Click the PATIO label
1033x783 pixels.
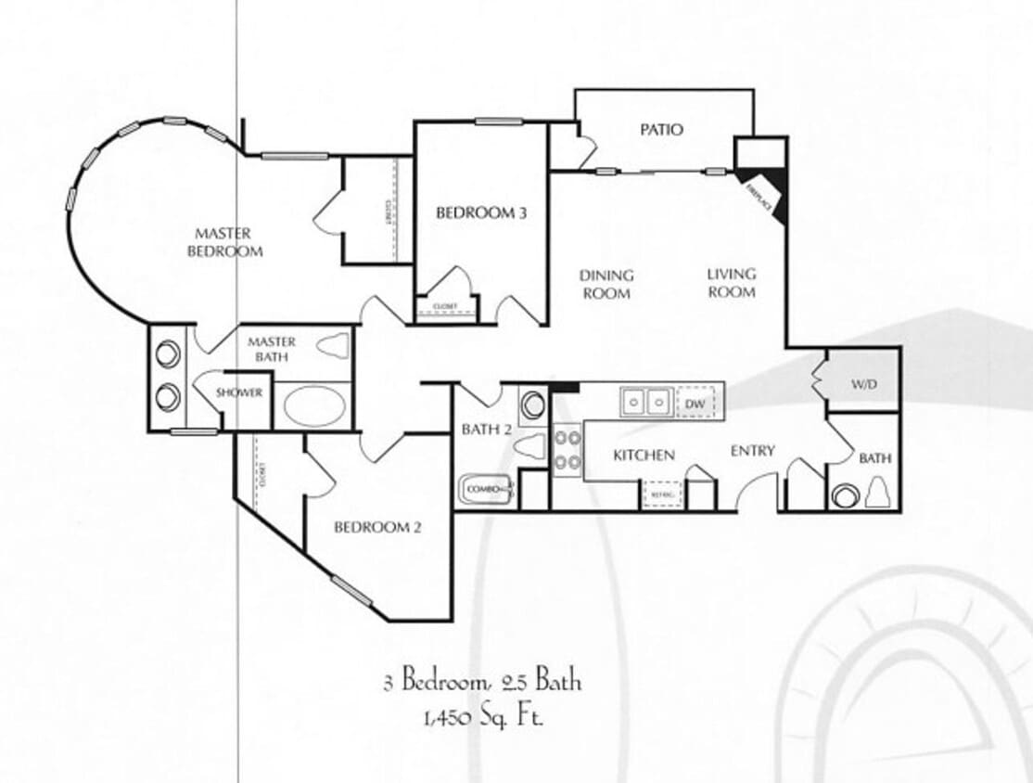coord(661,129)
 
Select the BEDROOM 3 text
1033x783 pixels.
coord(481,212)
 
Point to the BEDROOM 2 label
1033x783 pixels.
coord(377,527)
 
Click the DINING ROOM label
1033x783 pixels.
coord(606,284)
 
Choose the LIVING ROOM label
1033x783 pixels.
coord(732,283)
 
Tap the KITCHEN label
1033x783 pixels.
coord(644,455)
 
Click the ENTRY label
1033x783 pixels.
coord(752,451)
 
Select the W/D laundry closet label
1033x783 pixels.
coord(863,383)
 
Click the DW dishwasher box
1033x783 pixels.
coord(695,403)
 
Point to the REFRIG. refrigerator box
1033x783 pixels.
coord(662,494)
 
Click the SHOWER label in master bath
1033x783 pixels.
coord(239,392)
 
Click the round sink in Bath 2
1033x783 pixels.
coord(534,405)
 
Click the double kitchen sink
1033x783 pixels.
coord(646,402)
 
